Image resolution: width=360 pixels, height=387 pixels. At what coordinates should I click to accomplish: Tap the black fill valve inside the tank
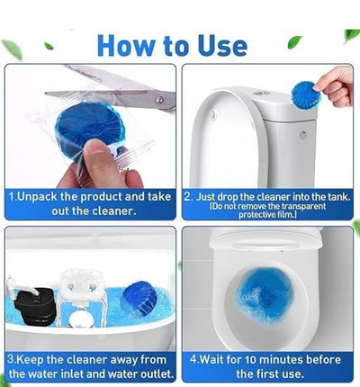point(36,306)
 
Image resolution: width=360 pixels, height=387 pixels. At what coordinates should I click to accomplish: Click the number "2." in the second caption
point(188,194)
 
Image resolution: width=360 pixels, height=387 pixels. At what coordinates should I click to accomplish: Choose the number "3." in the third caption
point(13,358)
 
